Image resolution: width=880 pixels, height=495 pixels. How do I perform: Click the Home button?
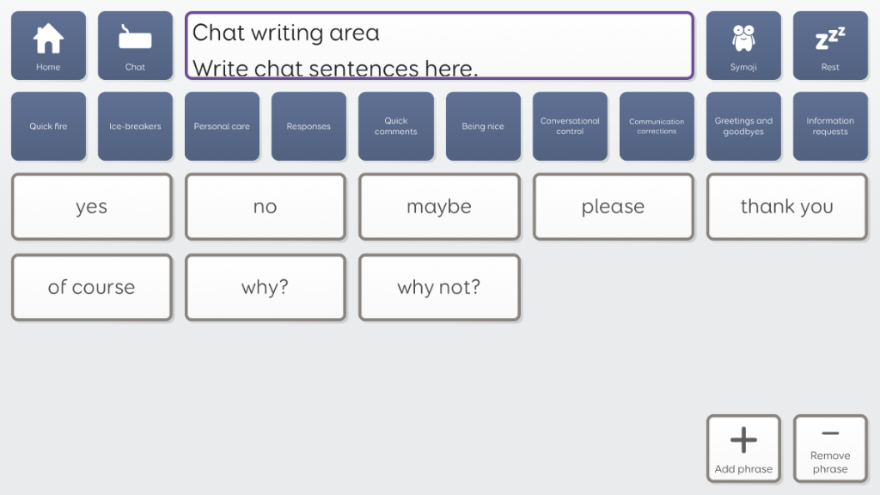(x=48, y=46)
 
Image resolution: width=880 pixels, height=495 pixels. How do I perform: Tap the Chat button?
(x=135, y=46)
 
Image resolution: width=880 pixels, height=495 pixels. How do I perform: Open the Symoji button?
(x=743, y=46)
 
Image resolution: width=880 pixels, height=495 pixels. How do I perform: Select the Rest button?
(x=830, y=46)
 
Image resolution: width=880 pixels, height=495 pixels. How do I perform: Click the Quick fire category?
(x=48, y=126)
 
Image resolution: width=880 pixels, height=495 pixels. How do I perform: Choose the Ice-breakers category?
(x=135, y=126)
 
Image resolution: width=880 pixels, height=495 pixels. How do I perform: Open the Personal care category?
(x=223, y=126)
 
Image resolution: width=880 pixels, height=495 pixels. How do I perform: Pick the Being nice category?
(x=483, y=126)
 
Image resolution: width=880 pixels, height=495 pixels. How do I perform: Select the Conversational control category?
(x=570, y=126)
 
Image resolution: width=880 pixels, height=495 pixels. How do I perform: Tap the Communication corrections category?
(x=657, y=126)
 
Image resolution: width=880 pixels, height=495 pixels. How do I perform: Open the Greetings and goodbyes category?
(x=743, y=126)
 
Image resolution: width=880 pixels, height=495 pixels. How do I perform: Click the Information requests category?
(x=830, y=126)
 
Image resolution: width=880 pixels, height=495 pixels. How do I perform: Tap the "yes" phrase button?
(x=91, y=206)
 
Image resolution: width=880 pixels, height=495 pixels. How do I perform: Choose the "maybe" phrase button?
(x=439, y=206)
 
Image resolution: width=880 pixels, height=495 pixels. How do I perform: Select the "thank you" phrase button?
(x=787, y=206)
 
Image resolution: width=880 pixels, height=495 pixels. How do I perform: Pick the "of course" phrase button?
(x=91, y=287)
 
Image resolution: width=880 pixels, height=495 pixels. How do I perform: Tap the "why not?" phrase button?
(x=439, y=287)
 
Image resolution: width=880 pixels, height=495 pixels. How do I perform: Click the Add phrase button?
(x=743, y=449)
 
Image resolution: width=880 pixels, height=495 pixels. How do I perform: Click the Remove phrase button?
(x=830, y=449)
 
